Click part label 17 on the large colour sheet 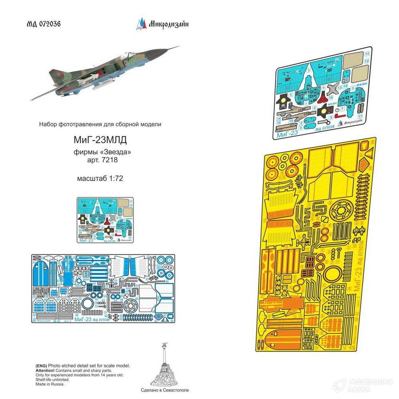tap(360, 117)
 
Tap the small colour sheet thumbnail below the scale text tap(105, 220)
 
